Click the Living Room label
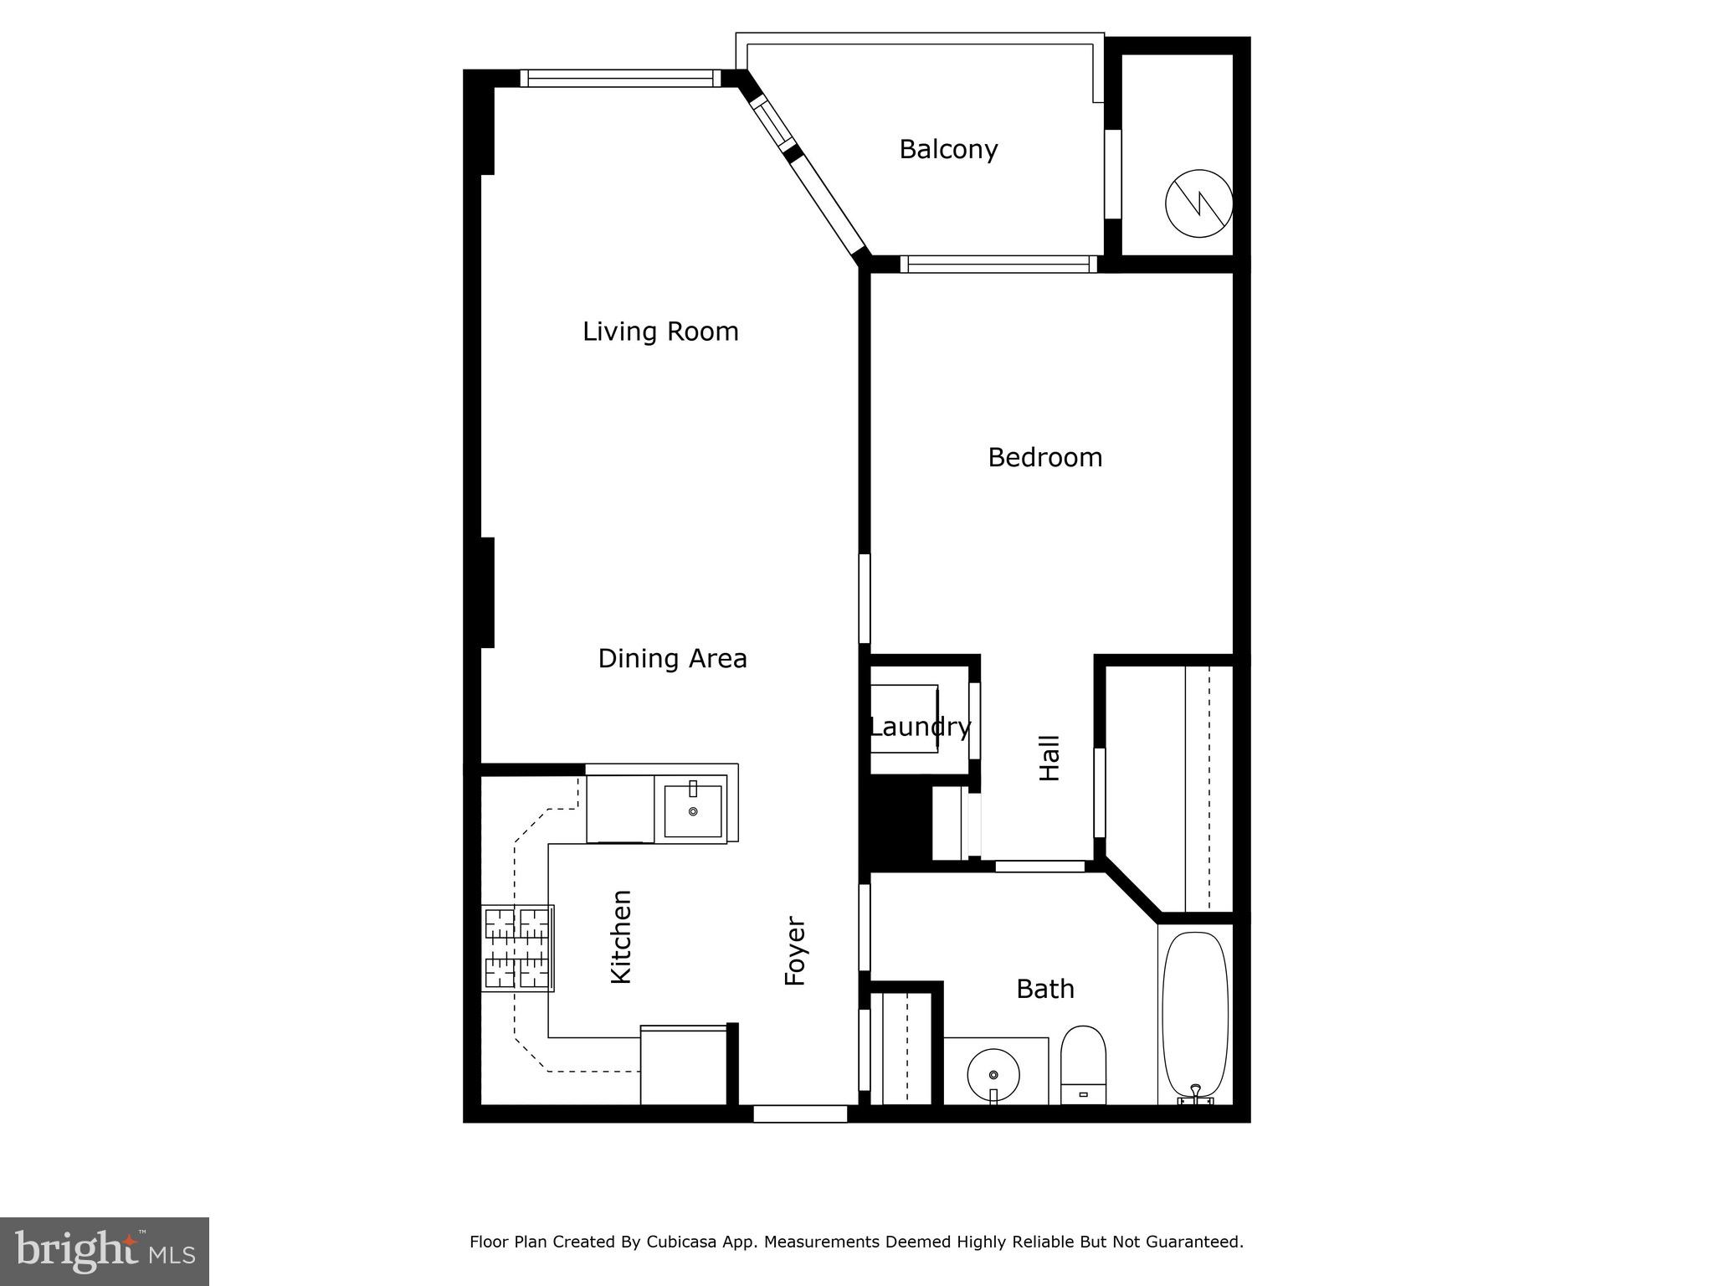[660, 332]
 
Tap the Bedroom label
[1044, 457]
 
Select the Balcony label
[948, 149]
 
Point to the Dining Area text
[672, 659]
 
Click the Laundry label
[920, 727]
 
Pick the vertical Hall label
[1049, 758]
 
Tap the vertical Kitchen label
[620, 936]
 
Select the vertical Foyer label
[794, 951]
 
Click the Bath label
[1044, 989]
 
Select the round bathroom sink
[993, 1074]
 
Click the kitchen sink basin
[693, 810]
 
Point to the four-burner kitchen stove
[518, 949]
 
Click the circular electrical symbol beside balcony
[1198, 203]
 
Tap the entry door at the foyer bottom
[800, 1114]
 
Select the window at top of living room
[620, 79]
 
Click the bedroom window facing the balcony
[998, 265]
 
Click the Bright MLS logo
[105, 1251]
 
